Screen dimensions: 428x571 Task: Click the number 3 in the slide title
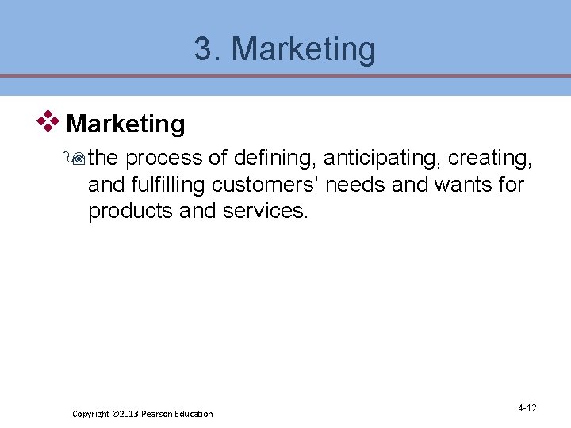[x=204, y=50]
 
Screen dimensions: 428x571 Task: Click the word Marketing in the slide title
[x=303, y=50]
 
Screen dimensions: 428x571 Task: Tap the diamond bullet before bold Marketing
[x=48, y=122]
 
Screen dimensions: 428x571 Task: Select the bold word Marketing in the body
[x=126, y=124]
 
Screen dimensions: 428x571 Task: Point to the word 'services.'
[x=263, y=212]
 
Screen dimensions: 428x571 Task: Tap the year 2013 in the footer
[x=128, y=414]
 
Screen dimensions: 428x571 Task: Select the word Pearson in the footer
[x=158, y=414]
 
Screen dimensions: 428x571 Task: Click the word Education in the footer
[x=195, y=414]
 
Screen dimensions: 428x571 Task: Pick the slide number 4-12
[x=527, y=408]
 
